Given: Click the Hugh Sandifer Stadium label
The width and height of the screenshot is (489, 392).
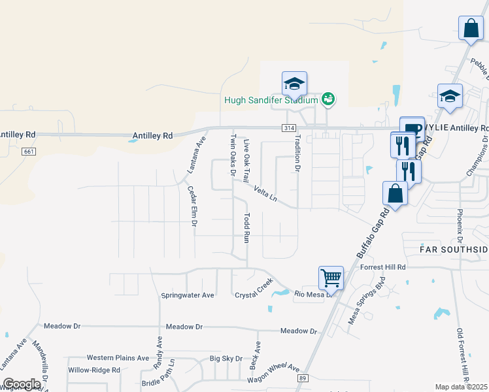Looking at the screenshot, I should (x=271, y=100).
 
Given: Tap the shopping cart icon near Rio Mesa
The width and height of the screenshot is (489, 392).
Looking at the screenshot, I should (x=331, y=278).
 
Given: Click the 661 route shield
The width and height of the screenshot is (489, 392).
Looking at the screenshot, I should (x=27, y=152).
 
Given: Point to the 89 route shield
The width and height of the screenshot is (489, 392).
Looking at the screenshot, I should (x=302, y=378).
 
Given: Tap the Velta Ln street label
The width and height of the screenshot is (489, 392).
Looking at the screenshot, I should (x=266, y=194).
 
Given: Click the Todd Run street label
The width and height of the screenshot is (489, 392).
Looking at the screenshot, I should (x=246, y=228).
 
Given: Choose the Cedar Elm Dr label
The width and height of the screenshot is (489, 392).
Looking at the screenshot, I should (x=193, y=206).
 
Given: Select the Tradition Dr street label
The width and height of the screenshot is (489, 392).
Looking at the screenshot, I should (x=297, y=153).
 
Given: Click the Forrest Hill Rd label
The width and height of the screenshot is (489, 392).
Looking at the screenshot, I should (x=383, y=267).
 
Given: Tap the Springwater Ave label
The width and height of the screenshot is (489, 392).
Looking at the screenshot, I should (x=188, y=295).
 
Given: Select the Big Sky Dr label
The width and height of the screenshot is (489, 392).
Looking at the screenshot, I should (x=226, y=358).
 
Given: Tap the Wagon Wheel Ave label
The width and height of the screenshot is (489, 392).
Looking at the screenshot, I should (x=273, y=374).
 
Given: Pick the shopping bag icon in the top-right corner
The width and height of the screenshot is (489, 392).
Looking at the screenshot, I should (x=471, y=29).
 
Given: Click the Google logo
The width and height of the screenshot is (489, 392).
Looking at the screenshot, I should (x=22, y=384).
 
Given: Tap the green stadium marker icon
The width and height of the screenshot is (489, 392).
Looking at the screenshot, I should (x=328, y=99).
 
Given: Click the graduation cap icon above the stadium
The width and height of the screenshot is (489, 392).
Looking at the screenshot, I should (x=294, y=84).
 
